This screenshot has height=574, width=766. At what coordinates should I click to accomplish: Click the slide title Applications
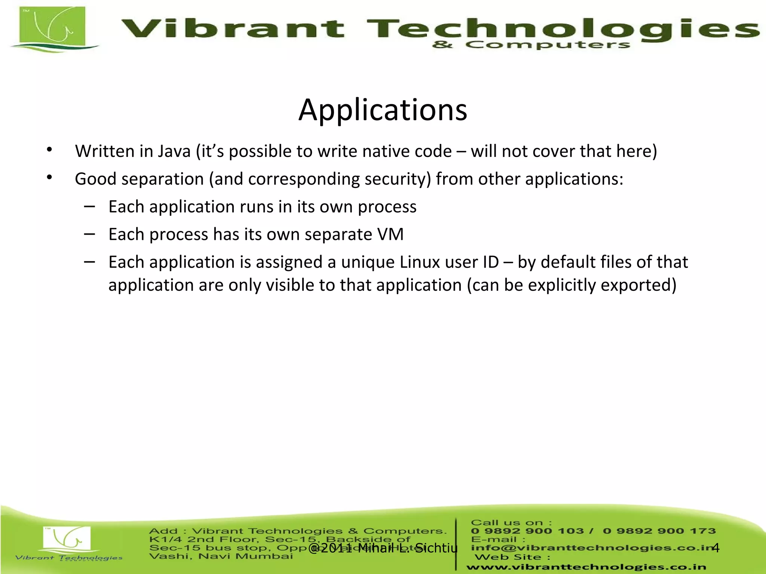pos(383,110)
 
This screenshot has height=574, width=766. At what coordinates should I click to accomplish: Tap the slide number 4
pos(716,547)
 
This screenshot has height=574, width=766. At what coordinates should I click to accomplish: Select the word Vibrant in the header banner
pos(232,29)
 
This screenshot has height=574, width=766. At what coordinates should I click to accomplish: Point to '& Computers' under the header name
pos(531,45)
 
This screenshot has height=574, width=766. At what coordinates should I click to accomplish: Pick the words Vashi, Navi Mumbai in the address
pos(221,556)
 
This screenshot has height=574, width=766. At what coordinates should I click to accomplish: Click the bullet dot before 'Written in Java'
pos(49,150)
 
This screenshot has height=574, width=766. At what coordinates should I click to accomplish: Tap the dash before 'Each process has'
pos(89,234)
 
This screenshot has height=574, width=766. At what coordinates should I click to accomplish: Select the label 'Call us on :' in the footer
pos(511,523)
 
